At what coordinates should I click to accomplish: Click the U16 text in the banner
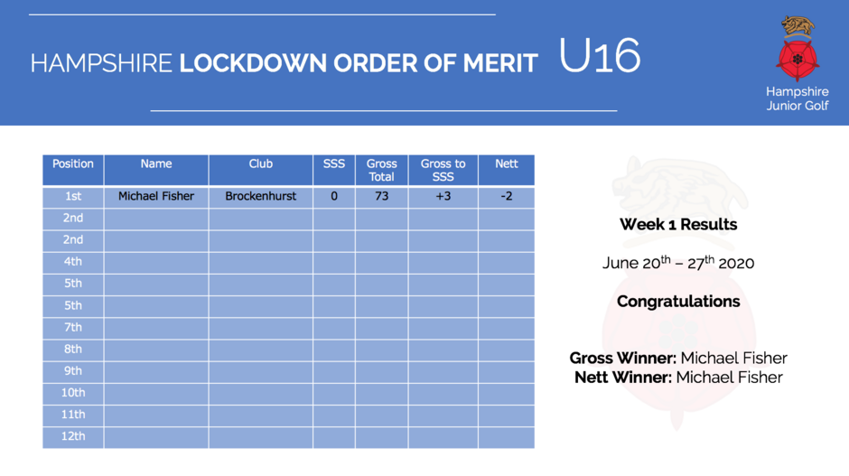(600, 55)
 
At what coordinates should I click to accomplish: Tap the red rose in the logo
(797, 59)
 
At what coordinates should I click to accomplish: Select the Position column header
(73, 164)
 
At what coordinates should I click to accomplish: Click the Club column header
(260, 164)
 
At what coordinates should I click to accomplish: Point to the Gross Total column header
(382, 170)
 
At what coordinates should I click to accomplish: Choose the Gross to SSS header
(443, 170)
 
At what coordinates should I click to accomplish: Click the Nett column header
(507, 164)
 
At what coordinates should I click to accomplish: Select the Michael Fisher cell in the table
(156, 196)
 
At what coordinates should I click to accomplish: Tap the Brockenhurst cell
(260, 196)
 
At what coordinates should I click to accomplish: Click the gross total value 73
(382, 196)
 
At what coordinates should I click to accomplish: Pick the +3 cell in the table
(443, 196)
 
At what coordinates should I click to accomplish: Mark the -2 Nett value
(507, 196)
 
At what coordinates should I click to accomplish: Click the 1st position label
(73, 196)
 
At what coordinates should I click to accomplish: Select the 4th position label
(73, 262)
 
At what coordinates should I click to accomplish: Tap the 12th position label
(73, 436)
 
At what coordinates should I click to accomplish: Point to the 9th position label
(73, 371)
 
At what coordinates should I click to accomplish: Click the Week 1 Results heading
(678, 224)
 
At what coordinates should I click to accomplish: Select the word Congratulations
(678, 302)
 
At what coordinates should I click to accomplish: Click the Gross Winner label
(622, 358)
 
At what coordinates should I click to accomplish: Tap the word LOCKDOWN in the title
(253, 63)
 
